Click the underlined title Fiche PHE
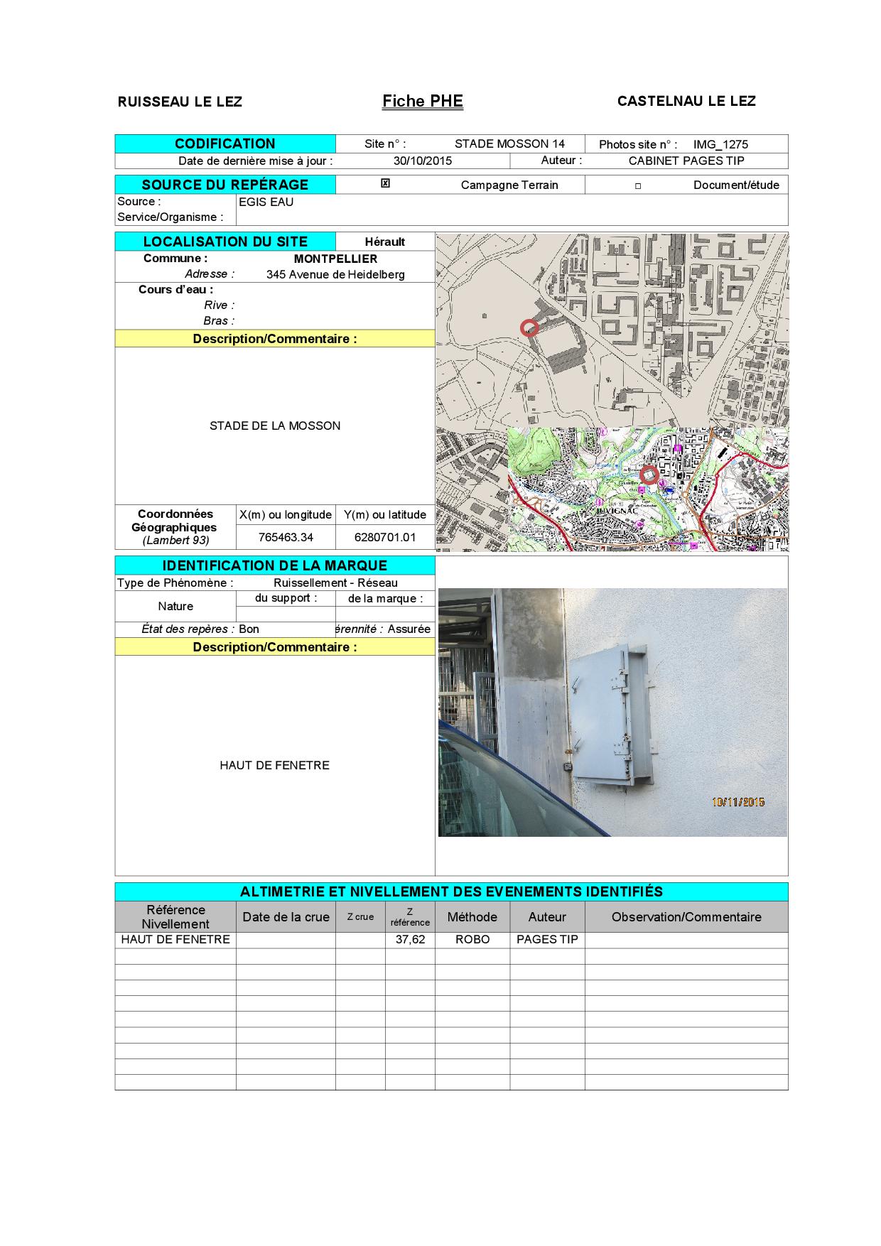click(423, 102)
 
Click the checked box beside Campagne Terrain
click(385, 184)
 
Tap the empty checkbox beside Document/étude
click(638, 186)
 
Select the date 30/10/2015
click(423, 161)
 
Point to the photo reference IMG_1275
click(720, 144)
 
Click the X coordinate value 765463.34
click(286, 537)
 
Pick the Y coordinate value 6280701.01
click(385, 537)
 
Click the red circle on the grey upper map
click(529, 327)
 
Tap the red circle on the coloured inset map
click(649, 475)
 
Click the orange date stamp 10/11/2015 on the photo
click(738, 802)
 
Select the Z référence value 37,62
click(410, 939)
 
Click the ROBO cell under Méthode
click(472, 939)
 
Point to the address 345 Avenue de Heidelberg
click(335, 275)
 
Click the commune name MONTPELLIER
click(335, 259)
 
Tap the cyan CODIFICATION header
click(225, 143)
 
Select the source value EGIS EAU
click(266, 202)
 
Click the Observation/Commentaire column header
click(686, 917)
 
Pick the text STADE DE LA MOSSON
click(275, 426)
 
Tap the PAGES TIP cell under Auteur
click(547, 939)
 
